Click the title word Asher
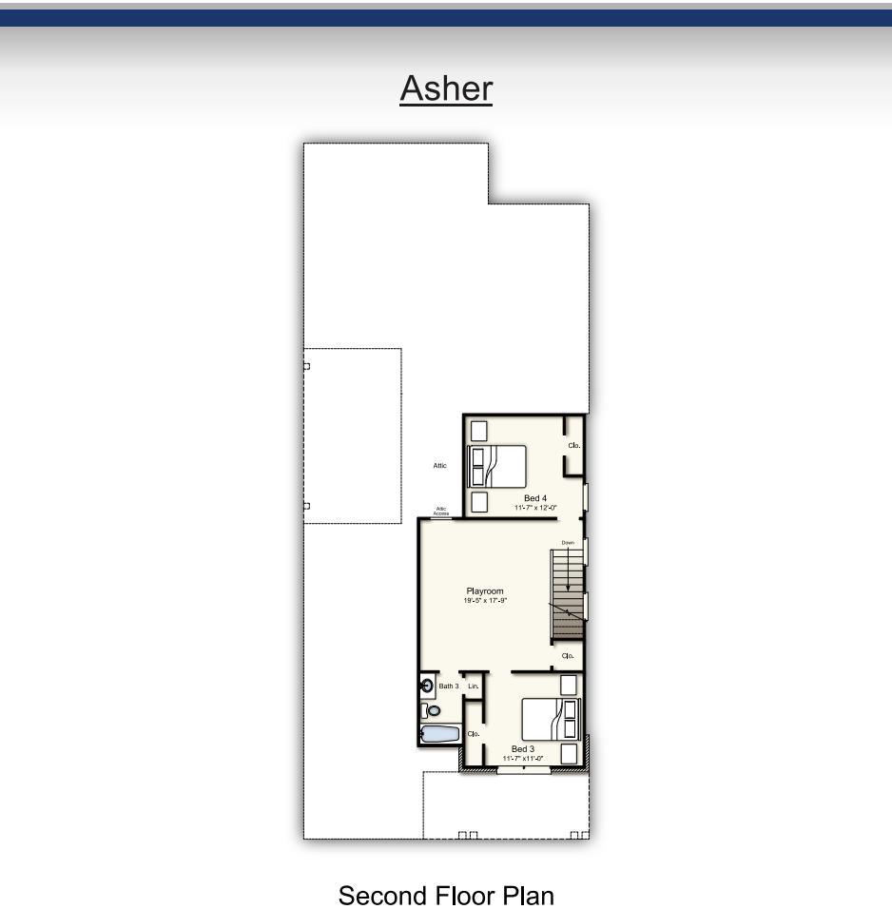point(446,88)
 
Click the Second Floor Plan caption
point(446,896)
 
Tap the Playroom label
point(485,591)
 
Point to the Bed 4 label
point(534,498)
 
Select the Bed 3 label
point(523,748)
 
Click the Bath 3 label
point(449,686)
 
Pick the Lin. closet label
point(474,686)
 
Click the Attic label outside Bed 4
point(439,465)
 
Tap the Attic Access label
point(441,512)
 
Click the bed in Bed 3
point(550,719)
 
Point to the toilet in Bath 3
point(433,710)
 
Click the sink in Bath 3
point(428,685)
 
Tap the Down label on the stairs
point(568,542)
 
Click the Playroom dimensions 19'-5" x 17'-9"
point(485,601)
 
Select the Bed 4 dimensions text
point(534,508)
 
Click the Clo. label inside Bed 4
point(574,445)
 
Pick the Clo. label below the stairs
point(569,656)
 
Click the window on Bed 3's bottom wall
point(524,769)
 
